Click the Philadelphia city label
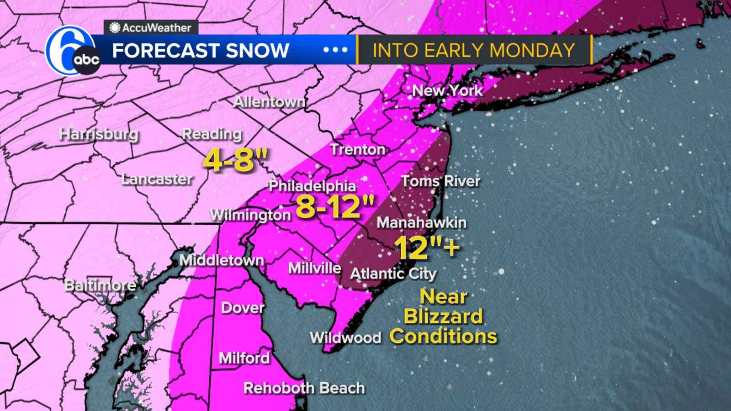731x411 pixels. pos(312,186)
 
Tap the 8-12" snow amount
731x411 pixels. pos(335,207)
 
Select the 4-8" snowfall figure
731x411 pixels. pos(235,160)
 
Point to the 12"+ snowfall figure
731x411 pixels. pos(427,248)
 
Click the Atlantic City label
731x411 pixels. pos(393,274)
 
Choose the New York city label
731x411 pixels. pos(447,90)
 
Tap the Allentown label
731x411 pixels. pos(270,102)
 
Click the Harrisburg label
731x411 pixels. pos(99,134)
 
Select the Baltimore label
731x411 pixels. pos(100,285)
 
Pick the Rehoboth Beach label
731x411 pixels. pos(304,388)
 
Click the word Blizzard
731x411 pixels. pos(443,316)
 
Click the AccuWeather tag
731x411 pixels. pos(151,28)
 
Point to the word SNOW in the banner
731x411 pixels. pos(257,50)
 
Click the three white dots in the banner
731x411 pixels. pos(336,50)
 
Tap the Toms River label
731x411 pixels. pos(440,181)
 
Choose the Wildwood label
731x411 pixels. pos(345,338)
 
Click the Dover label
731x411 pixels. pos(243,308)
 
